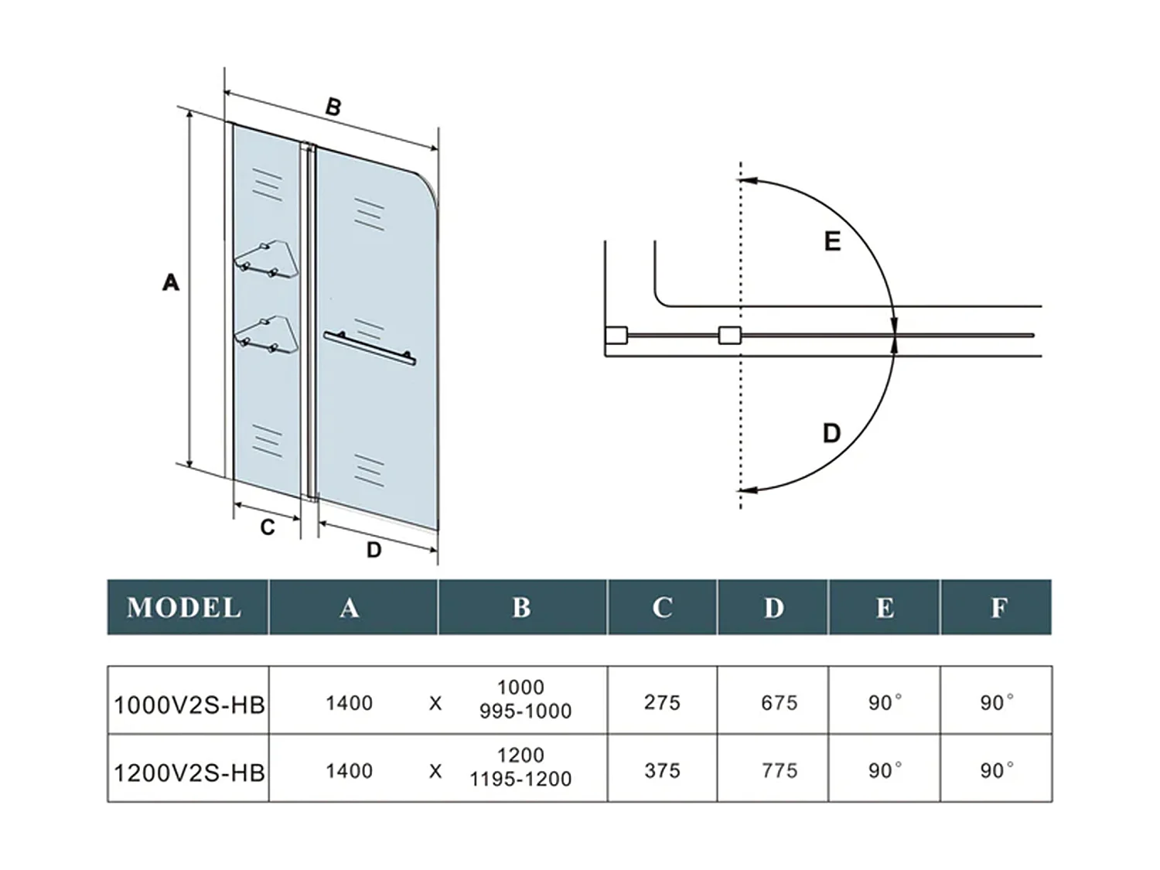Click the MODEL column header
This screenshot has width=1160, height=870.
pyautogui.click(x=184, y=607)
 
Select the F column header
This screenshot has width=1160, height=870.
pyautogui.click(x=998, y=608)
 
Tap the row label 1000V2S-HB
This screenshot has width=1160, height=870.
pyautogui.click(x=189, y=705)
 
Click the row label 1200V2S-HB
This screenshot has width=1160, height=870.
pyautogui.click(x=189, y=772)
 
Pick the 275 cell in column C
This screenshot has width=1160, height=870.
pyautogui.click(x=662, y=702)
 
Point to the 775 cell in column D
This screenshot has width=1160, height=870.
pyautogui.click(x=779, y=770)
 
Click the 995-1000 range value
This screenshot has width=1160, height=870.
pyautogui.click(x=525, y=711)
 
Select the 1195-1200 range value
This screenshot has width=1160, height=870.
pyautogui.click(x=520, y=779)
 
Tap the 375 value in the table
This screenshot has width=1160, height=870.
pyautogui.click(x=662, y=770)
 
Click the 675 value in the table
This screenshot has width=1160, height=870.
pyautogui.click(x=779, y=702)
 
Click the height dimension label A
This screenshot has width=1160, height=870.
pyautogui.click(x=170, y=282)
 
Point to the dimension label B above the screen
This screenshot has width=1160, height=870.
pyautogui.click(x=333, y=107)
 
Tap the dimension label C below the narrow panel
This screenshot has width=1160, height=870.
pyautogui.click(x=268, y=527)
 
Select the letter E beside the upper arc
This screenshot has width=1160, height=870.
pyautogui.click(x=832, y=241)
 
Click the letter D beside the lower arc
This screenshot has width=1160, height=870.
pyautogui.click(x=831, y=433)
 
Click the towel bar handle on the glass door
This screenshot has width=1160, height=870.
pyautogui.click(x=370, y=347)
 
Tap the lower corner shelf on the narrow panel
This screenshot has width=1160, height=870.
pyautogui.click(x=265, y=333)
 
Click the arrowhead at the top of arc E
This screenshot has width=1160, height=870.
pyautogui.click(x=746, y=180)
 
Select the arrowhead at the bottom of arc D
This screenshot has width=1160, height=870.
pyautogui.click(x=746, y=490)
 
